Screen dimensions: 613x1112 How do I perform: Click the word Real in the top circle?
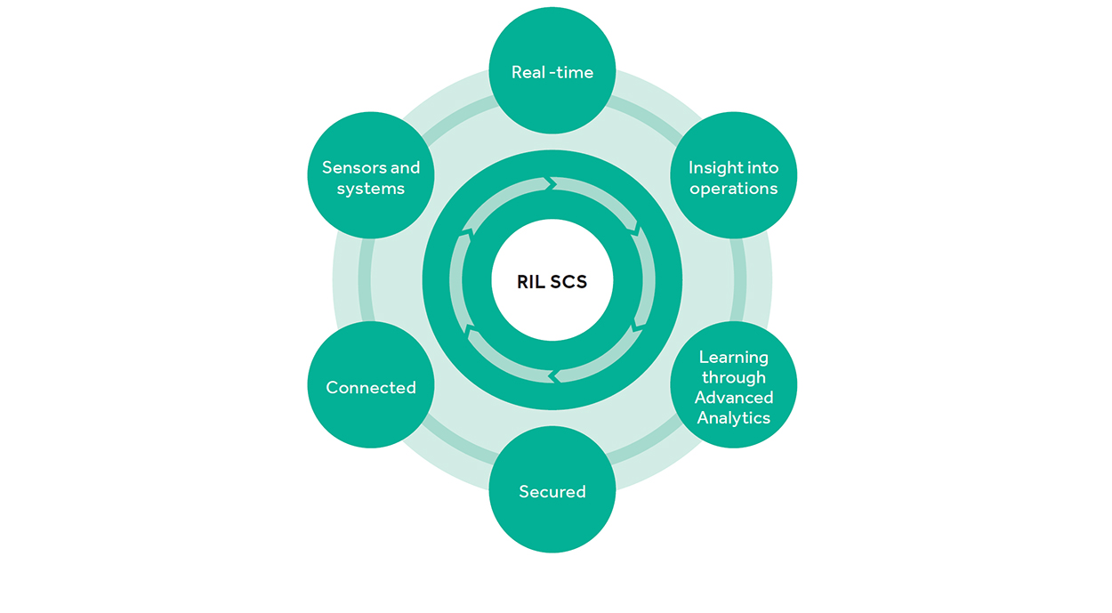(528, 73)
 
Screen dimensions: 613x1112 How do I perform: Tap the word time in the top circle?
(575, 73)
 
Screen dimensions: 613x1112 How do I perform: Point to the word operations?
(734, 189)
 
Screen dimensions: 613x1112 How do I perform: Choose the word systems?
(371, 189)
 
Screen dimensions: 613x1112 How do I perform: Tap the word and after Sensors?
(405, 167)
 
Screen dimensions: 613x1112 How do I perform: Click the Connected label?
(371, 388)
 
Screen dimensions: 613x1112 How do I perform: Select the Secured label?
(552, 492)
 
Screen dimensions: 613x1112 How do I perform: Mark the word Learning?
(734, 357)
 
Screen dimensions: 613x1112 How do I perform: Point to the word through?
(734, 377)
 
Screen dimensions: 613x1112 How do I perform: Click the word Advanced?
(734, 398)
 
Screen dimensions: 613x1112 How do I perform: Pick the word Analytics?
(734, 418)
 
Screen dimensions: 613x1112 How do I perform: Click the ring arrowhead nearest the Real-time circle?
(552, 184)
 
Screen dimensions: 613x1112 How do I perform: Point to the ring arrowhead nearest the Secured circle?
(553, 377)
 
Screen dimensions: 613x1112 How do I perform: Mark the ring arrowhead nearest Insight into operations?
(635, 230)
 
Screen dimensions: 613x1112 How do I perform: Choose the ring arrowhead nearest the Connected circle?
(470, 332)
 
